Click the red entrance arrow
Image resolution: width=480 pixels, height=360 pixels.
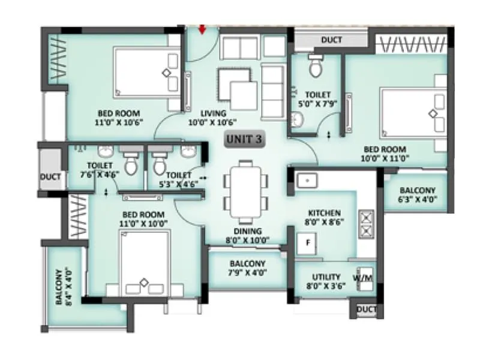pos(202,29)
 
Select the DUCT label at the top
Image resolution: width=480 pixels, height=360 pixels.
pos(331,40)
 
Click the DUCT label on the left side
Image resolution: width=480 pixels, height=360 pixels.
pos(50,177)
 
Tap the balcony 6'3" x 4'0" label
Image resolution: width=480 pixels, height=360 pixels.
pos(418,194)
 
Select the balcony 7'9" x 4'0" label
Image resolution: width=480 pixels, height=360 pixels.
pos(247,268)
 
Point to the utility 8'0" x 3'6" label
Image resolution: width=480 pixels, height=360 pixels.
pos(326,281)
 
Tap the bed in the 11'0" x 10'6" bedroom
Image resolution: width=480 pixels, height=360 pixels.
pos(147,73)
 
